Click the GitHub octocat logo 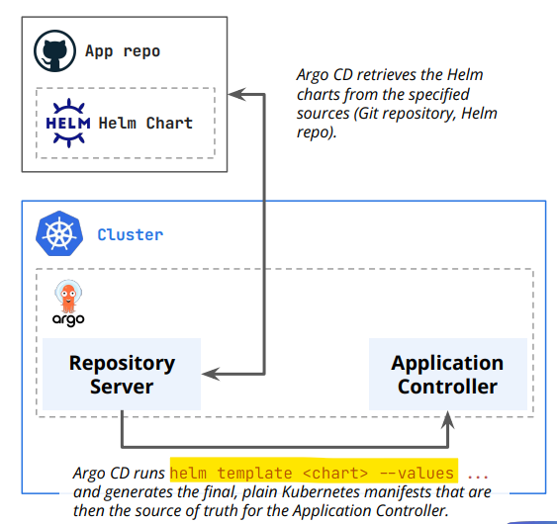click(54, 50)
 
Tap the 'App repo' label click(123, 51)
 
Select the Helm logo click(68, 123)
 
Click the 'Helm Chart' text click(145, 124)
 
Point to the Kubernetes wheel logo click(59, 233)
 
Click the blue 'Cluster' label click(131, 234)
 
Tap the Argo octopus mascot click(68, 296)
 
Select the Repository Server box click(122, 374)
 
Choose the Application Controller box click(448, 374)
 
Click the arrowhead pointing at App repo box click(236, 94)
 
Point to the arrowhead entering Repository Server click(211, 374)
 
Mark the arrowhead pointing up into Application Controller click(448, 419)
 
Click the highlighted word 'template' click(254, 474)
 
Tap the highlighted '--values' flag click(417, 474)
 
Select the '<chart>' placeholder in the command click(335, 474)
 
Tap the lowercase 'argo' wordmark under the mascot click(68, 320)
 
